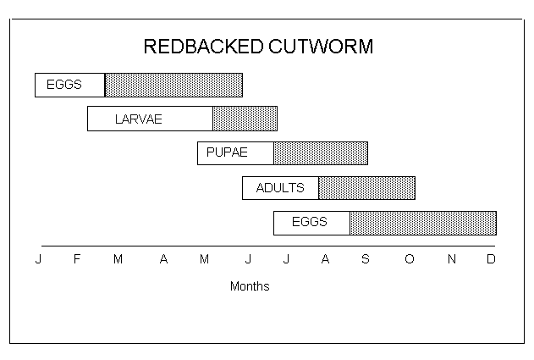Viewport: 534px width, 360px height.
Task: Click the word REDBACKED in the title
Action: (204, 47)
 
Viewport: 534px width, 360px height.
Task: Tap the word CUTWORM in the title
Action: (321, 47)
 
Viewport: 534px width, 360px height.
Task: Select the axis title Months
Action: (250, 286)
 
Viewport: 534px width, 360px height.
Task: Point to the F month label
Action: (77, 259)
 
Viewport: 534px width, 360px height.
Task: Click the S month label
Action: (366, 259)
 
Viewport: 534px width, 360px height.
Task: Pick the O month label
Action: (410, 259)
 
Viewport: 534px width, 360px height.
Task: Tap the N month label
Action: (452, 259)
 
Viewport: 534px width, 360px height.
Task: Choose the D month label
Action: (491, 259)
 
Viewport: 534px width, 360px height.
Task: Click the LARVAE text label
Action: (139, 119)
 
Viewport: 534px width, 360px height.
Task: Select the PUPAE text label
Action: (227, 152)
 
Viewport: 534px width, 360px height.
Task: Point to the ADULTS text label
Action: (280, 188)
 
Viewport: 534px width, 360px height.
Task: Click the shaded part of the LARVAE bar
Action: (245, 119)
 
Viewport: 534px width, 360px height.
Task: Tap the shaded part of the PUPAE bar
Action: (321, 153)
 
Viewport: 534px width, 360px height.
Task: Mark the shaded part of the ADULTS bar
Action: (366, 188)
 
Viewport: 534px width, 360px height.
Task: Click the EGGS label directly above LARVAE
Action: (64, 85)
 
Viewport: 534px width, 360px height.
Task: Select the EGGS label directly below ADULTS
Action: (310, 222)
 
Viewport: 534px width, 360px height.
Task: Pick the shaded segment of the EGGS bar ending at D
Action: (423, 224)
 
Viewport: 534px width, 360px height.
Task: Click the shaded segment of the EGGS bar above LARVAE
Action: (173, 86)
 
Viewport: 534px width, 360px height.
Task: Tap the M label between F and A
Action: (118, 259)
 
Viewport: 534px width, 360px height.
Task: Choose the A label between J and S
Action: (325, 259)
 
